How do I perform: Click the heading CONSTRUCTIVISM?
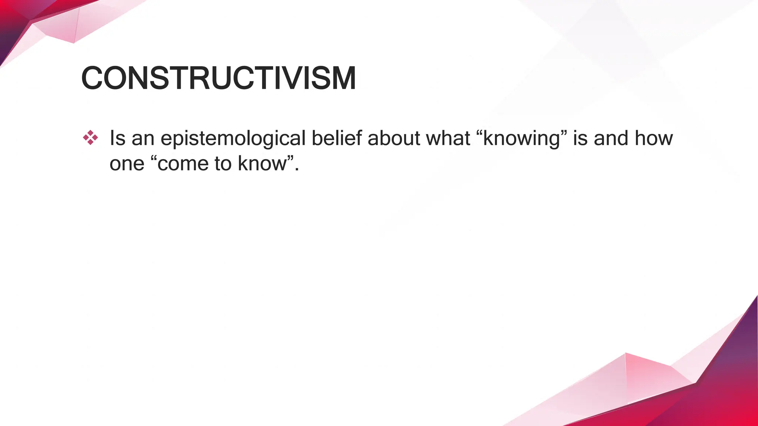tap(218, 78)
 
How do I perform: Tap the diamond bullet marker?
tap(90, 138)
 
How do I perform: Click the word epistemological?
tap(233, 139)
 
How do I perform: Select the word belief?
tap(336, 138)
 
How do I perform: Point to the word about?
tap(394, 138)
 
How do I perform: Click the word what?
tap(448, 138)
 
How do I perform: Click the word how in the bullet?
tap(654, 138)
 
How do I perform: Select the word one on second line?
tap(127, 163)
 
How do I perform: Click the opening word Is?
tap(117, 138)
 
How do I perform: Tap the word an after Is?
tap(143, 139)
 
